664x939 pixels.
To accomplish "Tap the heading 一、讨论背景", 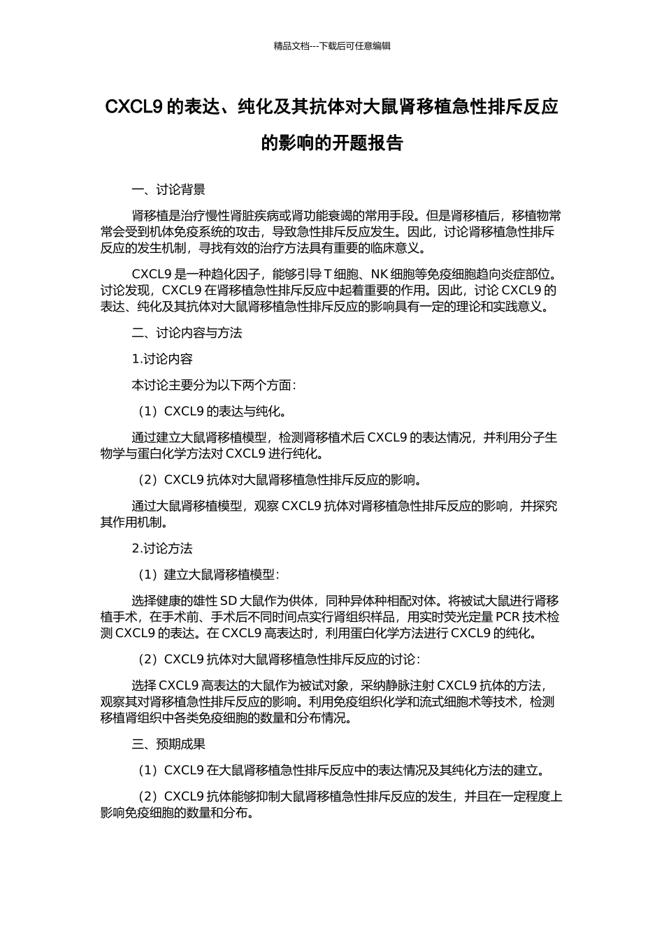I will coord(168,189).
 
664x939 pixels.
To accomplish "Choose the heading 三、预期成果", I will coord(168,743).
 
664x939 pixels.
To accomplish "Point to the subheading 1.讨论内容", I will coord(162,358).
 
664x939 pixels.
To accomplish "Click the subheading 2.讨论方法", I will coord(162,548).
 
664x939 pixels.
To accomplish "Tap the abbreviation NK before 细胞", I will coord(379,274).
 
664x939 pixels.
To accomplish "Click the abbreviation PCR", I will coord(508,617).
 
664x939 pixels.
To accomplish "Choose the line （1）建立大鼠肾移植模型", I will coord(207,574).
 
